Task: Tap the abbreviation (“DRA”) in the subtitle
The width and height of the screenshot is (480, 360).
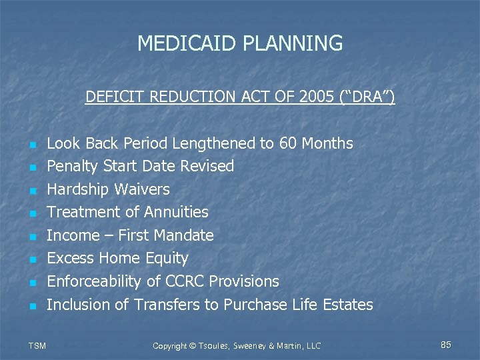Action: click(366, 97)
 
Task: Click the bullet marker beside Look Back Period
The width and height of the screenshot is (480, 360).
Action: click(31, 145)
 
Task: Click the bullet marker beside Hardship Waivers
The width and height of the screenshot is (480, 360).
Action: click(31, 191)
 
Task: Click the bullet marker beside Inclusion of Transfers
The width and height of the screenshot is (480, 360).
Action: click(31, 306)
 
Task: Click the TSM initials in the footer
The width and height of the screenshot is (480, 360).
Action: click(37, 345)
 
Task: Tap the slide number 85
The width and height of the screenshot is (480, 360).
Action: click(446, 345)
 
